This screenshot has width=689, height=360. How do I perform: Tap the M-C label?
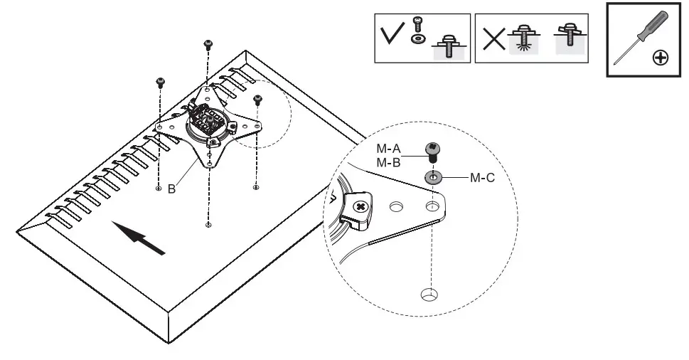pyautogui.click(x=482, y=177)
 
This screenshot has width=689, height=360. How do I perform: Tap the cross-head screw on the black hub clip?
pyautogui.click(x=360, y=207)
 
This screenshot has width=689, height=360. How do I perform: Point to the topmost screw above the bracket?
pyautogui.click(x=208, y=44)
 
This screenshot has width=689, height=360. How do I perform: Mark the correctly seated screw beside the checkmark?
pyautogui.click(x=448, y=48)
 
